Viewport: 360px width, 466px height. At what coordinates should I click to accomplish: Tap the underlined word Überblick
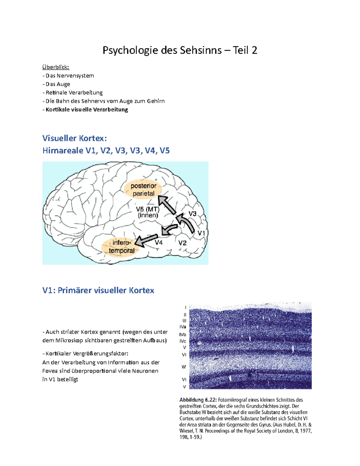(x=55, y=67)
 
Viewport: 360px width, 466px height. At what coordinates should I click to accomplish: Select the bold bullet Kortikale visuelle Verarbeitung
(x=87, y=110)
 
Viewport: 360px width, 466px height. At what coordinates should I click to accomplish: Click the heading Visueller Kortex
(x=74, y=138)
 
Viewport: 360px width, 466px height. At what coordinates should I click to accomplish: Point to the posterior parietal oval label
(x=143, y=190)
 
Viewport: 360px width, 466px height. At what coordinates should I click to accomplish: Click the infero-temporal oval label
(x=121, y=246)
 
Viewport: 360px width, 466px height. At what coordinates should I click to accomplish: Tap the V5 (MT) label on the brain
(x=148, y=212)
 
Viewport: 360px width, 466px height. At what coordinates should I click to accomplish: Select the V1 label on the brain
(x=201, y=233)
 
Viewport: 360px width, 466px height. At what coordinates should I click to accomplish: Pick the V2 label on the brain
(x=182, y=243)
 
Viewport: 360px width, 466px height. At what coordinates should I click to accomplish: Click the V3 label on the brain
(x=192, y=214)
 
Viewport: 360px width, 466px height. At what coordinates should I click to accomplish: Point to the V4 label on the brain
(x=159, y=242)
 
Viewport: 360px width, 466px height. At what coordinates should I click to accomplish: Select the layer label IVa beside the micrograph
(x=183, y=327)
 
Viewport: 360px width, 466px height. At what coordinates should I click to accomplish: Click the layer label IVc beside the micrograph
(x=183, y=341)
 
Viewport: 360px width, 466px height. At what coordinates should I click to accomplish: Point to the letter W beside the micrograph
(x=184, y=367)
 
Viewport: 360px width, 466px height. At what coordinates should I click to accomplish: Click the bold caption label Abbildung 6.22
(x=198, y=400)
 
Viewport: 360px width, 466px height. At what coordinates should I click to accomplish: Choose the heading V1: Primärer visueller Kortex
(x=98, y=290)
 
